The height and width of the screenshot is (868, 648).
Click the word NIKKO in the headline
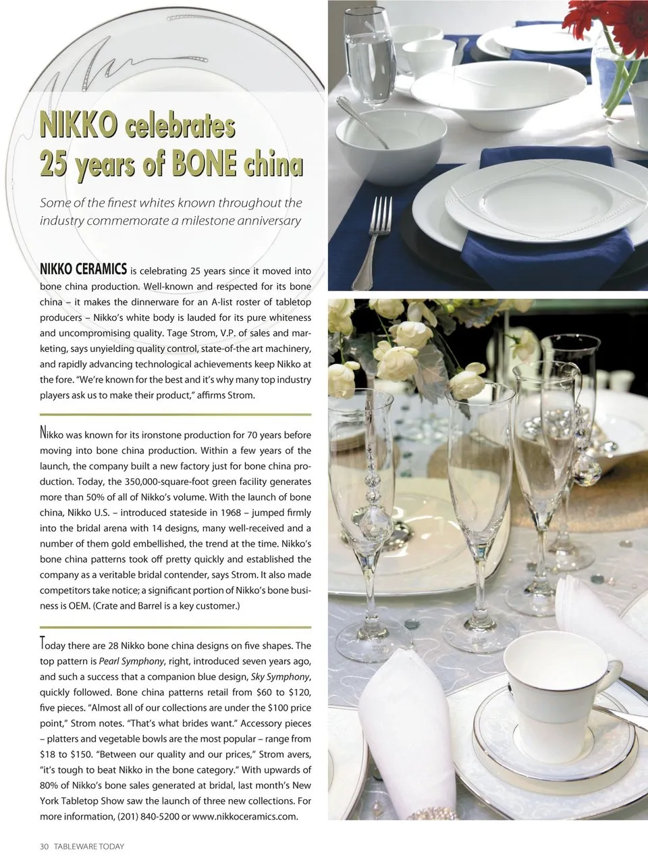pos(78,126)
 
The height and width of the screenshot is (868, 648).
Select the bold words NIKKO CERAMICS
pos(83,270)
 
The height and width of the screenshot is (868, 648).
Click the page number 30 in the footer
pos(45,846)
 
